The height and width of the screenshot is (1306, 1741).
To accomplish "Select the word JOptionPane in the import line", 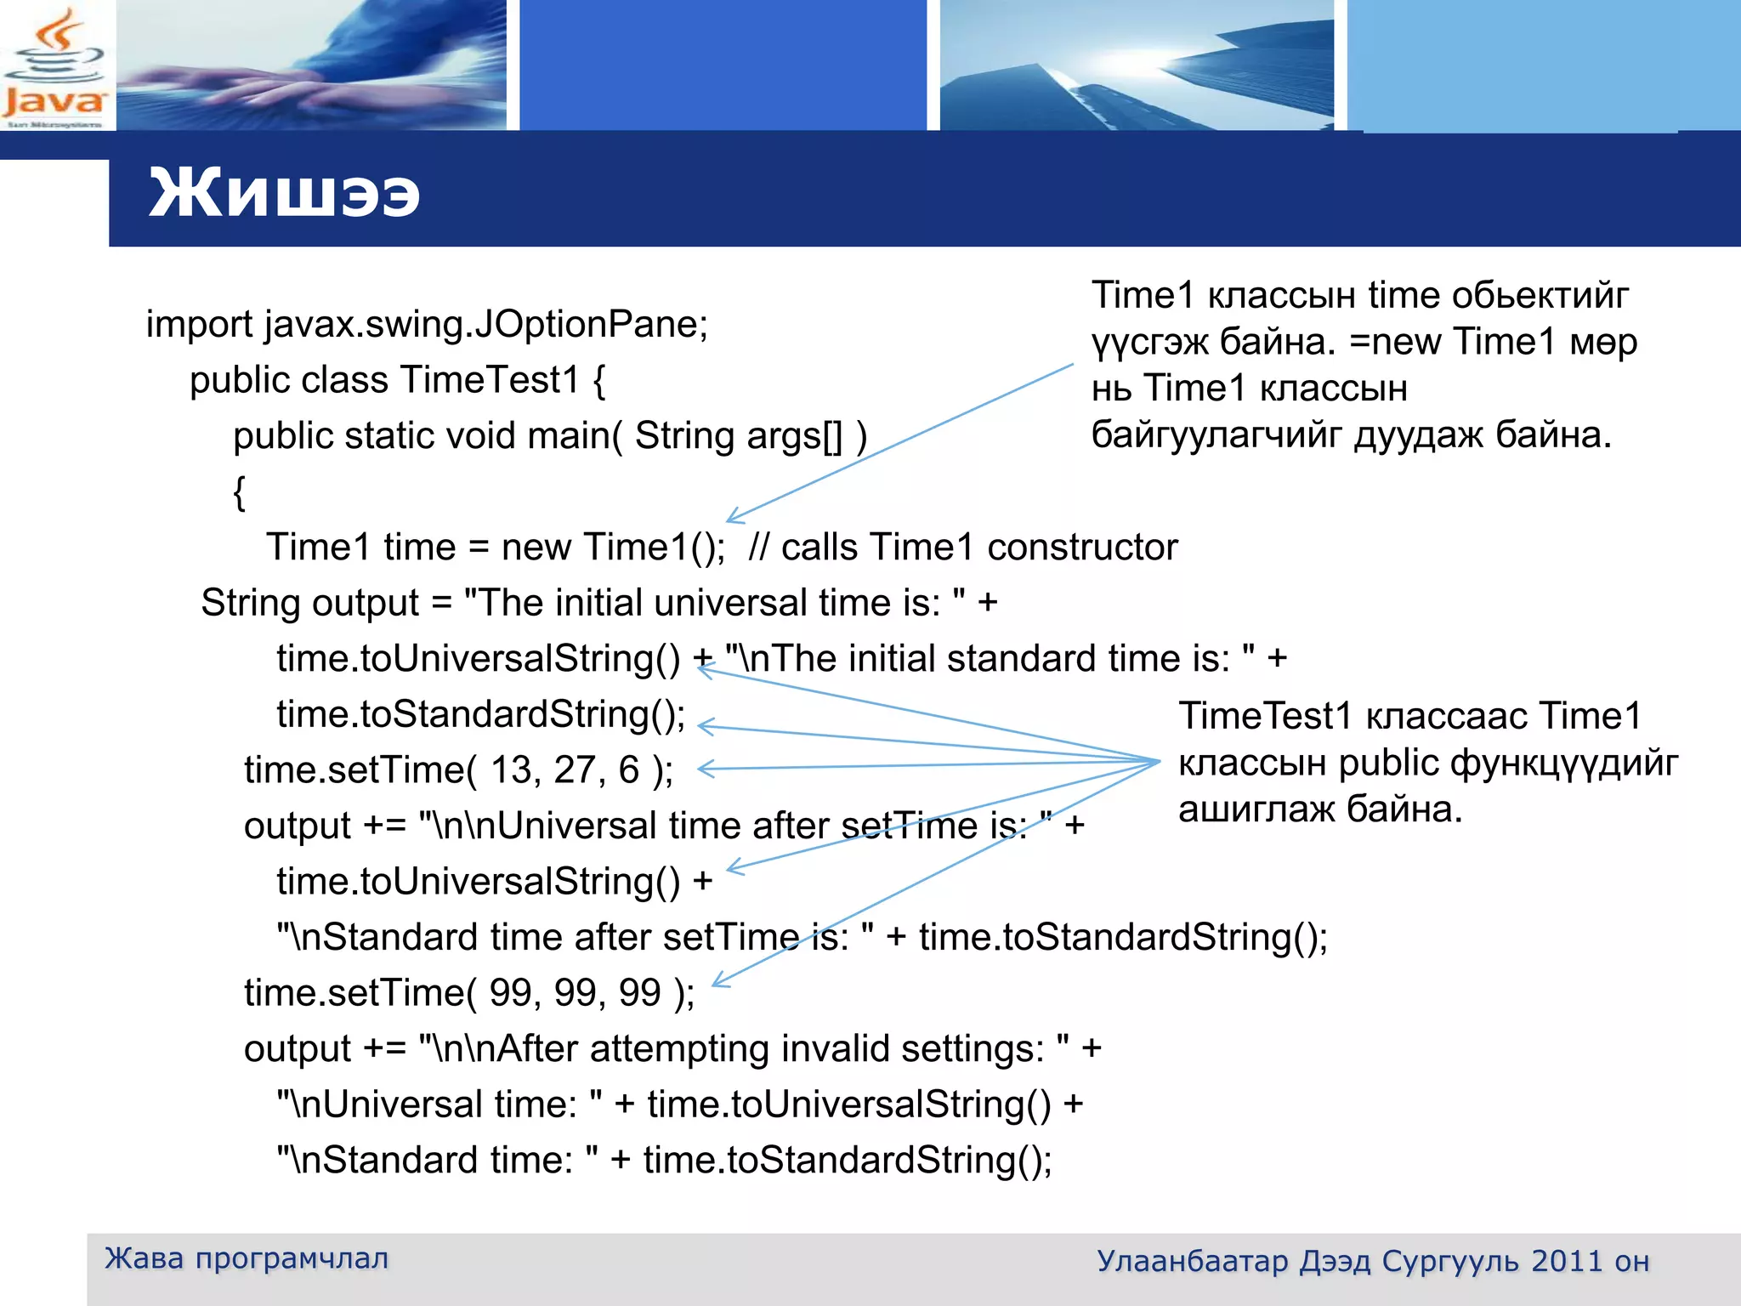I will [x=589, y=324].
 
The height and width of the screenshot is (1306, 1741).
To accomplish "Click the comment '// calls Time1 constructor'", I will [x=962, y=548].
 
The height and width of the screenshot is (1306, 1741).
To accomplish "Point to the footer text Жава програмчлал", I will [x=247, y=1258].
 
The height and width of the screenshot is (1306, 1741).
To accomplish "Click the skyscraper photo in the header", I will [x=1136, y=65].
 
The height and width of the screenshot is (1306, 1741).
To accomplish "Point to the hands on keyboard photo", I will [x=311, y=65].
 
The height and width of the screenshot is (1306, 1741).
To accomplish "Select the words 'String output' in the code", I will [x=309, y=604].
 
